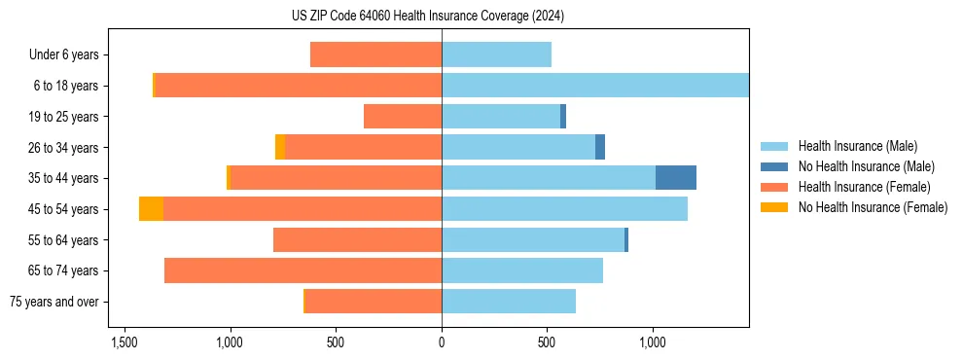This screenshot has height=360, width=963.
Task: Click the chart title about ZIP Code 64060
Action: point(442,17)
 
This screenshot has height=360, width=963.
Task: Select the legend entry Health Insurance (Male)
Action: point(856,146)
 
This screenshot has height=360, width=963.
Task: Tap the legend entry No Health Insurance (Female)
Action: point(873,207)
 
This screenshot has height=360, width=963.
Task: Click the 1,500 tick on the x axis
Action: point(124,343)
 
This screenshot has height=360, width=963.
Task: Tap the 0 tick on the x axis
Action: point(442,343)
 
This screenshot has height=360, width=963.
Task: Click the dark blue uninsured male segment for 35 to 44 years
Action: point(675,178)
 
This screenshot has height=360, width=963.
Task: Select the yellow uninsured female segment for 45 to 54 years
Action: point(151,209)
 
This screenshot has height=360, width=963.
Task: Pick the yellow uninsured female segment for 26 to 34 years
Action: point(280,147)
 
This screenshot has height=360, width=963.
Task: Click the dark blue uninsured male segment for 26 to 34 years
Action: point(600,147)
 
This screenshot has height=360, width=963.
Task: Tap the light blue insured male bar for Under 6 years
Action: point(496,54)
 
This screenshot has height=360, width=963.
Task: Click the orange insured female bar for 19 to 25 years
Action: point(403,117)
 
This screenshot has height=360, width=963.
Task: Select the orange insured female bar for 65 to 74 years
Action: point(303,270)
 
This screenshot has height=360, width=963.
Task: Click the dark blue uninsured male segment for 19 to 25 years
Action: point(563,117)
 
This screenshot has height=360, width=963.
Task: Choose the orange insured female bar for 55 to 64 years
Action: point(357,239)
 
